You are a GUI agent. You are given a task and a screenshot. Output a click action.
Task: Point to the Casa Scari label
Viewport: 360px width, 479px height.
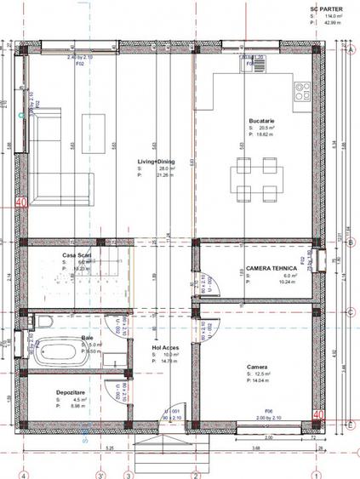tap(76, 255)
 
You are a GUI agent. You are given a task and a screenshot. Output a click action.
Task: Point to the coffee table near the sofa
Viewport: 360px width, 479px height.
tap(93, 125)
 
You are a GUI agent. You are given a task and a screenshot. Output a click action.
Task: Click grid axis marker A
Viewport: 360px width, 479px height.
tap(351, 48)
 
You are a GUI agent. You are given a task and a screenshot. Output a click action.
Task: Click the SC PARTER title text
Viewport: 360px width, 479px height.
tap(325, 6)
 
